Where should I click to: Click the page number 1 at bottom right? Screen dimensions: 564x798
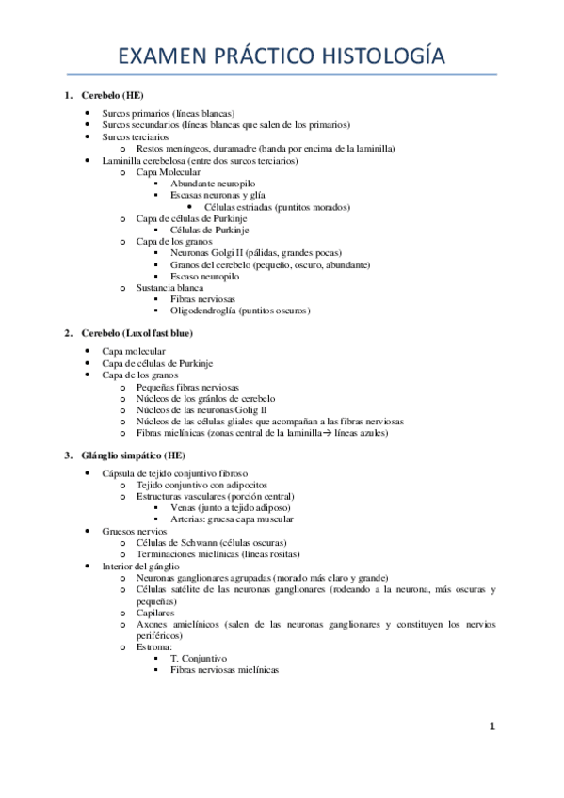click(x=491, y=726)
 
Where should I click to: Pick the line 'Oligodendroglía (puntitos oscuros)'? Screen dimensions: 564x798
click(x=240, y=310)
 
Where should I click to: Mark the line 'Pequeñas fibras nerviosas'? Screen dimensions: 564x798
click(x=187, y=387)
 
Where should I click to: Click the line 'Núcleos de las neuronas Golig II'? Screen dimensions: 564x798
click(x=202, y=409)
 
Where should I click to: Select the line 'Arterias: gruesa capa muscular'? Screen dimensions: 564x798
click(x=232, y=519)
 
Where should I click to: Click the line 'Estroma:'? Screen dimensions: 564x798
click(x=155, y=646)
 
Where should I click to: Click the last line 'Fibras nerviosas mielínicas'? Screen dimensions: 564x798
click(x=225, y=669)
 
